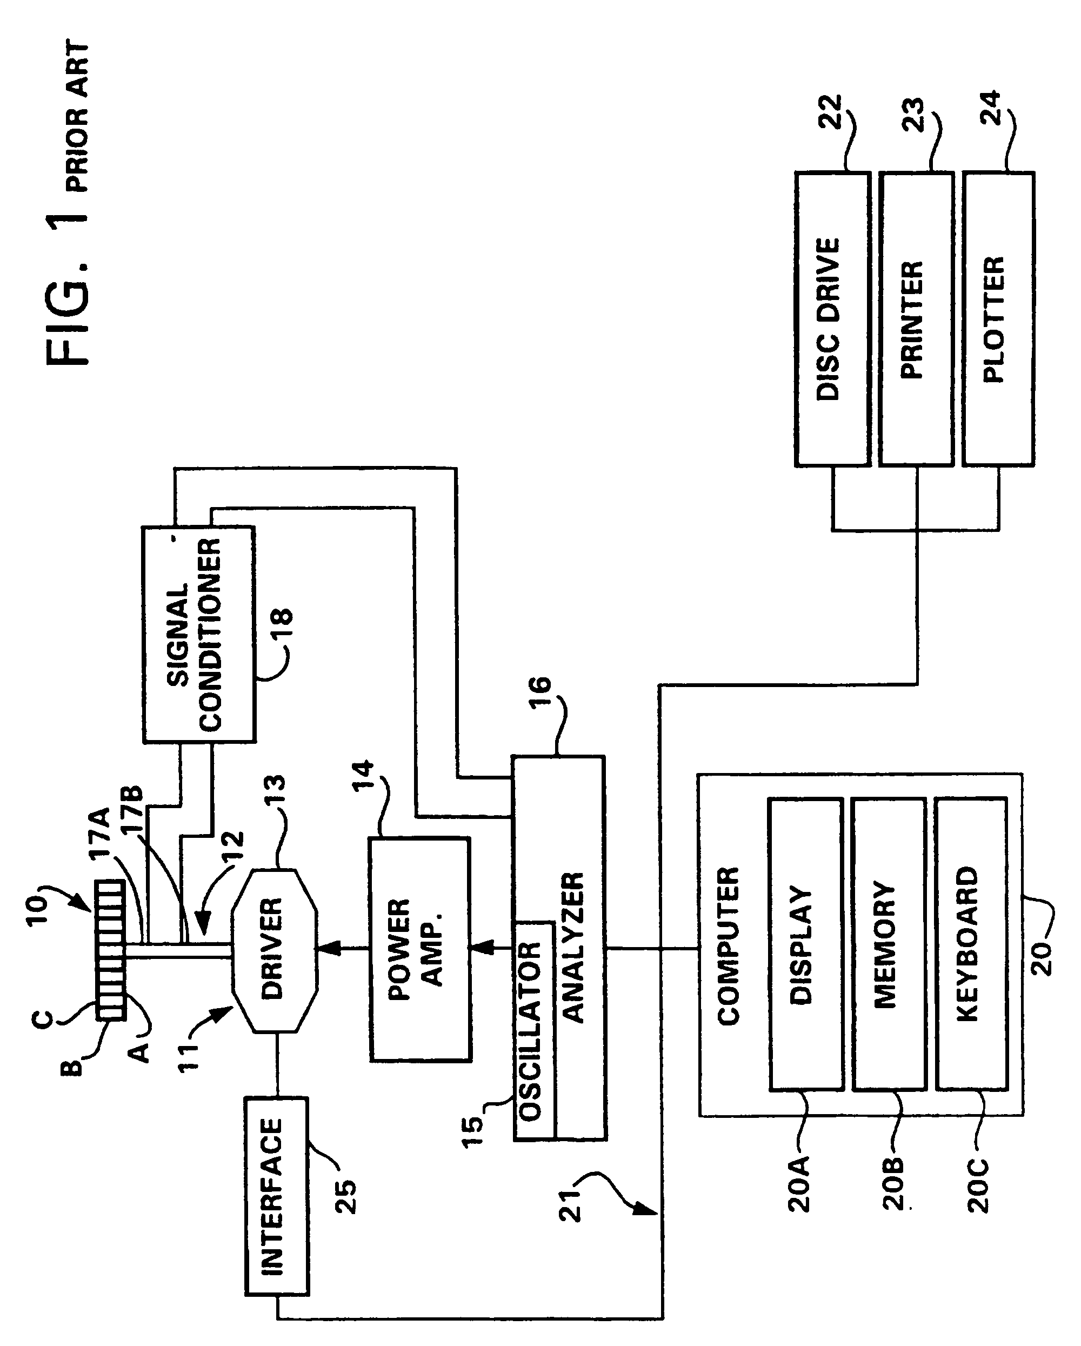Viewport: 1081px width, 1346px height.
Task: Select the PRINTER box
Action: [x=915, y=319]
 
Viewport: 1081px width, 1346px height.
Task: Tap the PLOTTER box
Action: [x=997, y=319]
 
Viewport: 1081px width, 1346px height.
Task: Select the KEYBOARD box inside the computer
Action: [x=971, y=944]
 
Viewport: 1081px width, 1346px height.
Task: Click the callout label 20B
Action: [x=894, y=1184]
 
